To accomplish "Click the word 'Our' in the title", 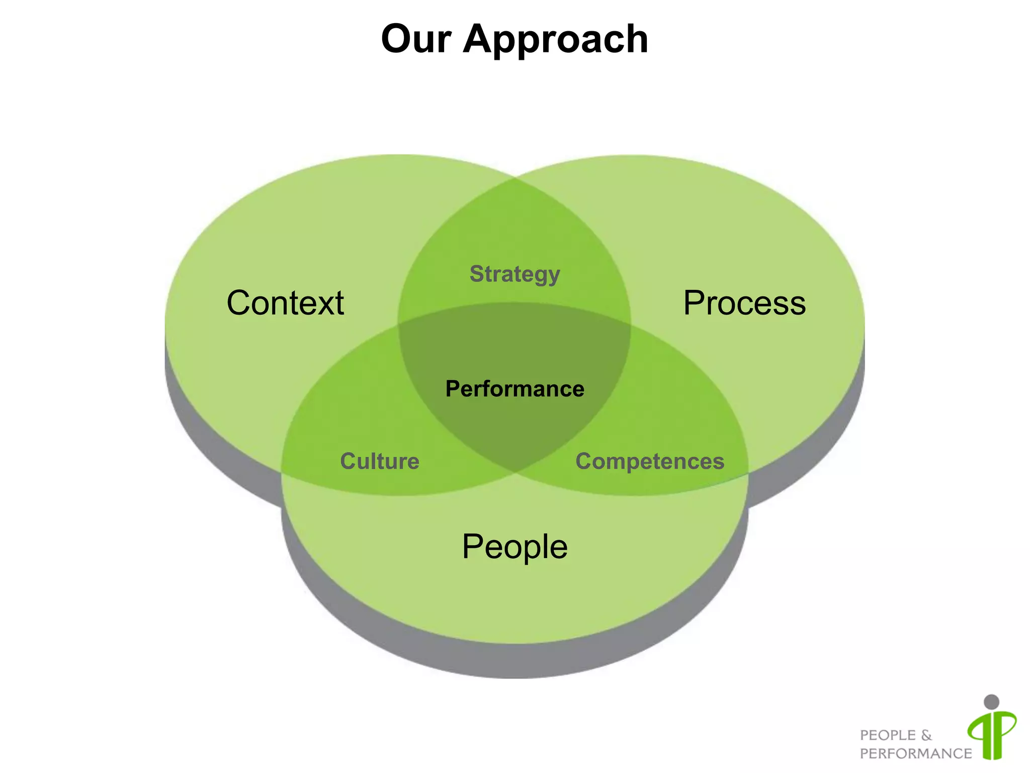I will click(416, 39).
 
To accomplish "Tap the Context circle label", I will click(285, 303).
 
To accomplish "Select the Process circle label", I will click(744, 303).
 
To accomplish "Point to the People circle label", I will click(514, 547).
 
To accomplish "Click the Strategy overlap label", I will click(514, 274).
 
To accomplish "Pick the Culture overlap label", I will click(380, 461).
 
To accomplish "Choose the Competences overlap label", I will click(650, 461).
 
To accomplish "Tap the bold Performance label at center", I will click(514, 389).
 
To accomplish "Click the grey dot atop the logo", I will click(991, 702).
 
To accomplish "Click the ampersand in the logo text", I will click(926, 735).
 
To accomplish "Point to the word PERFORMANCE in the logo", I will click(915, 753).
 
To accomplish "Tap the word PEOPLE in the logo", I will click(888, 735).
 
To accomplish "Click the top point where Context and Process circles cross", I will click(515, 178).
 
